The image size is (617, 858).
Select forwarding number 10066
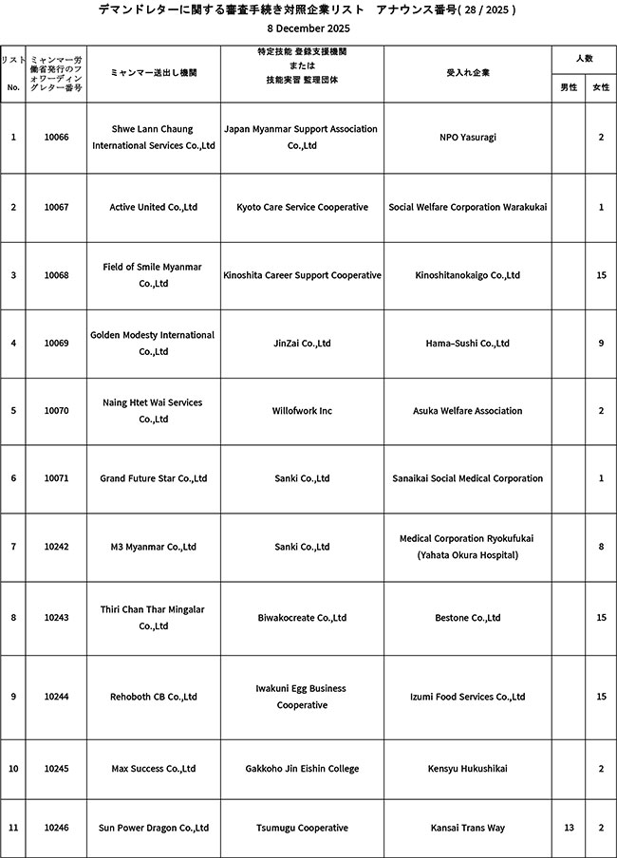point(56,138)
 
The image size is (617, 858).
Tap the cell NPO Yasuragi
point(468,138)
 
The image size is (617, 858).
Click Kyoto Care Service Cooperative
point(302,207)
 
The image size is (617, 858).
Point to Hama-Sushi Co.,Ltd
point(468,344)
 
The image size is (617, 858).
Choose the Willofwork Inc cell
point(302,411)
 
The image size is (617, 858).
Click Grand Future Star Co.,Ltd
point(153,478)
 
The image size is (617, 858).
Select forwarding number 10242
point(56,547)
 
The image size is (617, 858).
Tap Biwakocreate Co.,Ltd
point(302,618)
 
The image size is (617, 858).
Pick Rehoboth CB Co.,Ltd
point(153,697)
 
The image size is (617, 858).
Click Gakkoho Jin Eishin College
point(302,768)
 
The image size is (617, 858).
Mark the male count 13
point(569,828)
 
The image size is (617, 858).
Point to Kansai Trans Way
point(468,828)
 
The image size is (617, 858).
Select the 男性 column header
point(569,87)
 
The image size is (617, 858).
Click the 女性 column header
point(601,87)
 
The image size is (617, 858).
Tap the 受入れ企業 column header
point(468,72)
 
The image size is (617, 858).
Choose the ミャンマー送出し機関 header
point(153,72)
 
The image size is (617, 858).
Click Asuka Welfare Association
point(468,411)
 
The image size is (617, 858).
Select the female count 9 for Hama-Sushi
point(601,344)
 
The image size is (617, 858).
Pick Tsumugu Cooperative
point(302,828)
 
